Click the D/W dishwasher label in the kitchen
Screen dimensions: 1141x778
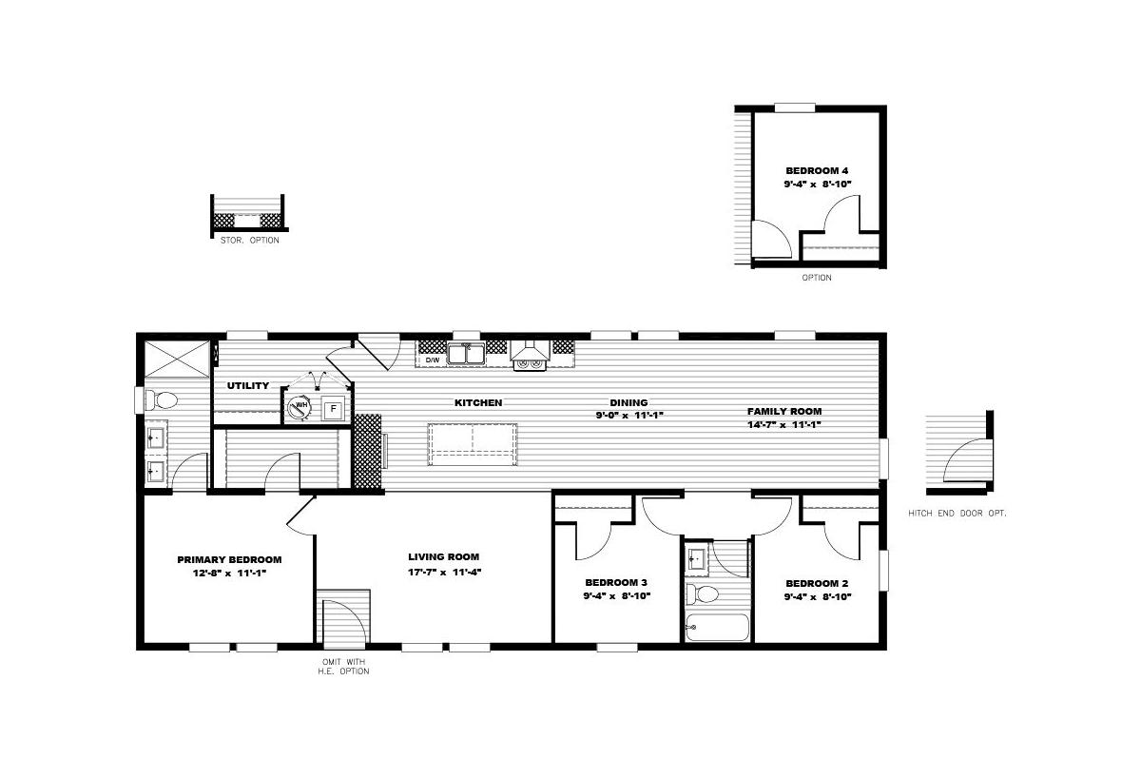click(x=432, y=360)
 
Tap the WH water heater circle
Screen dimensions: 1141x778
click(x=299, y=406)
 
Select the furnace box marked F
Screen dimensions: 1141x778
click(x=333, y=409)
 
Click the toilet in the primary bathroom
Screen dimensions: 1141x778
click(x=161, y=400)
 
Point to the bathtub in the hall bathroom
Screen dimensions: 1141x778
click(x=717, y=627)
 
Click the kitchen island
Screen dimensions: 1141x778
click(x=473, y=444)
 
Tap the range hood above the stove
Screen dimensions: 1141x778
click(x=530, y=351)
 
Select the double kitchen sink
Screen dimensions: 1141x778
click(x=466, y=354)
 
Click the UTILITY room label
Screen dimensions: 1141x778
click(x=248, y=386)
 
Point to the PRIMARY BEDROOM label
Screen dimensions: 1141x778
click(x=229, y=559)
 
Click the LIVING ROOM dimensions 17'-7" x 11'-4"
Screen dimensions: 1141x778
click(x=445, y=573)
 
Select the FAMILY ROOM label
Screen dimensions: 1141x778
click(x=784, y=411)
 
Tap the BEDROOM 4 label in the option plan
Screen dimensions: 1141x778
click(x=817, y=170)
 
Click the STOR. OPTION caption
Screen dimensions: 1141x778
click(x=249, y=240)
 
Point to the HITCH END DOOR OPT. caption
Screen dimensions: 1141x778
click(x=957, y=513)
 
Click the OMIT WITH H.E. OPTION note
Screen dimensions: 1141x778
click(x=344, y=667)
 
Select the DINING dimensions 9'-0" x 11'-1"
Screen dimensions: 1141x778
click(x=629, y=416)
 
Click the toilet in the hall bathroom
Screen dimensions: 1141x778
click(x=703, y=594)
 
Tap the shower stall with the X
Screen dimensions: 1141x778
click(x=177, y=360)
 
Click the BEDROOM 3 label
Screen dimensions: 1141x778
click(x=616, y=582)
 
